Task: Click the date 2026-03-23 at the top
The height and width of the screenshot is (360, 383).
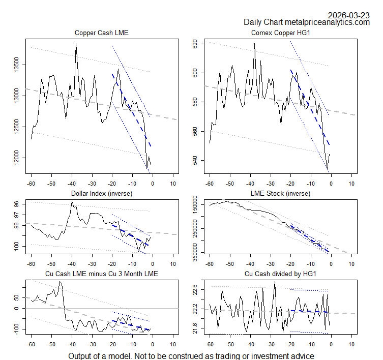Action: pos(349,15)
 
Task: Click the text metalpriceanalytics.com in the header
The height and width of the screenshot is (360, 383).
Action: pos(327,22)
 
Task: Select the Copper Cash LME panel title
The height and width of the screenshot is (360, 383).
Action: pos(102,33)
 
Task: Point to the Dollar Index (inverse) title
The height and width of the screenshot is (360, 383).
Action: pos(102,193)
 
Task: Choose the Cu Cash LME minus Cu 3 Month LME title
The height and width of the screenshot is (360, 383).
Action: pos(102,274)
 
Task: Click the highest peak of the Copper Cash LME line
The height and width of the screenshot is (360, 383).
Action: pos(76,44)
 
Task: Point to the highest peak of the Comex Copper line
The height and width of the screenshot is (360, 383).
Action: pos(254,44)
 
